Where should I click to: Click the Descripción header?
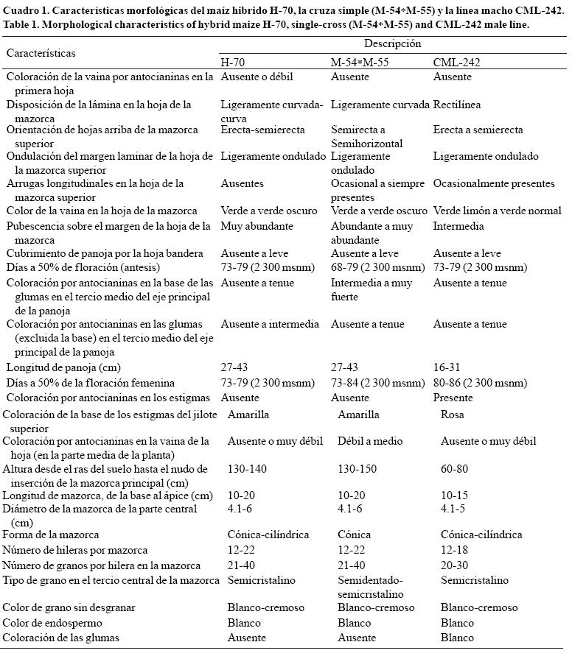click(x=393, y=44)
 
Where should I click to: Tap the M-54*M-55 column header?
click(x=359, y=63)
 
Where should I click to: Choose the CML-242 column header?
click(x=457, y=63)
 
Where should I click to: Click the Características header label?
click(x=41, y=53)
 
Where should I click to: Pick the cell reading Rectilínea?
click(x=457, y=105)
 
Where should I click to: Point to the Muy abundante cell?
click(x=257, y=226)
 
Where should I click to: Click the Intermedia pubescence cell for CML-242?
click(x=458, y=226)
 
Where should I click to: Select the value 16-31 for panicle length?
click(x=449, y=367)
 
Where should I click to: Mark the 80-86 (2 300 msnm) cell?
click(x=480, y=383)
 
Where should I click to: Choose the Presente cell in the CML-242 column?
click(x=455, y=398)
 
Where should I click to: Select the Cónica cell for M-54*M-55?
click(x=354, y=535)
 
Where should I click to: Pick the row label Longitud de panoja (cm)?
click(x=63, y=367)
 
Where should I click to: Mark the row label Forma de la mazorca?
click(x=51, y=535)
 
